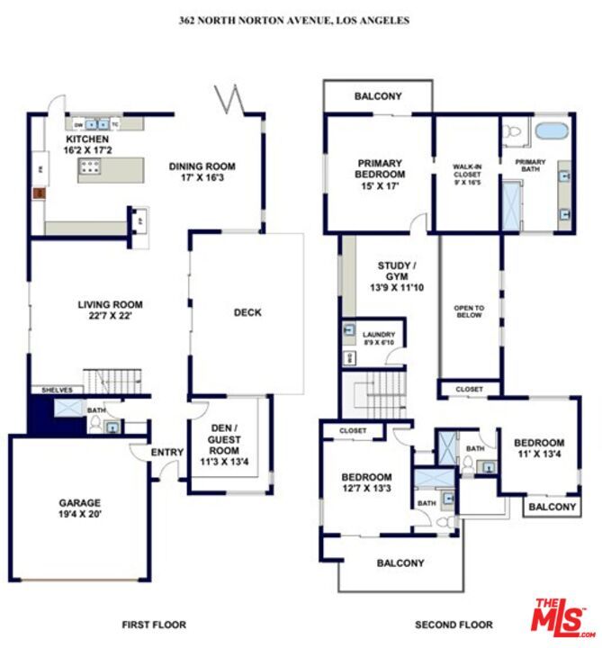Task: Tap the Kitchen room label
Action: (87, 146)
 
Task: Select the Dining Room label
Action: (202, 172)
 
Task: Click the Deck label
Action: (247, 312)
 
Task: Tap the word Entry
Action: (167, 453)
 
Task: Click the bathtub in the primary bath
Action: (551, 131)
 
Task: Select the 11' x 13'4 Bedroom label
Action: (539, 448)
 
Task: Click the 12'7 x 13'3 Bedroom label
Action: (366, 482)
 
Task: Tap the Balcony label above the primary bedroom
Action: (378, 96)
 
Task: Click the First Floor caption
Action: (154, 625)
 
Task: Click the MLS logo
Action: (561, 618)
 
